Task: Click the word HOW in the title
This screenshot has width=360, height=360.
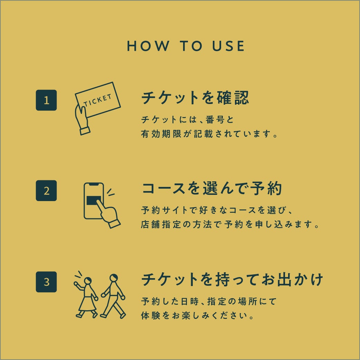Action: pos(148,46)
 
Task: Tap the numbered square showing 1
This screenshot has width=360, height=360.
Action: pos(46,100)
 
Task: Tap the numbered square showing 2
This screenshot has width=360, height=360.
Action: pos(46,191)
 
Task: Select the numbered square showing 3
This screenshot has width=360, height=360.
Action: pos(46,282)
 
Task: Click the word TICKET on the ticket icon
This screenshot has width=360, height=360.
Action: pos(97,101)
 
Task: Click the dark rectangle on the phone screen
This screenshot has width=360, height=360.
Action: pos(94,201)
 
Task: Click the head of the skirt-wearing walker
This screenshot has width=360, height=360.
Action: pos(87,281)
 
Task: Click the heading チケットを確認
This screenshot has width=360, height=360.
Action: pos(195,98)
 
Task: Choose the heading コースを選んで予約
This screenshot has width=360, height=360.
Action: pos(212,188)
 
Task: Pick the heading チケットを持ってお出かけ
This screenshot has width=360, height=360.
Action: pos(232,280)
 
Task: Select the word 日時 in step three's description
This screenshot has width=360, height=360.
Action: pos(190,302)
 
